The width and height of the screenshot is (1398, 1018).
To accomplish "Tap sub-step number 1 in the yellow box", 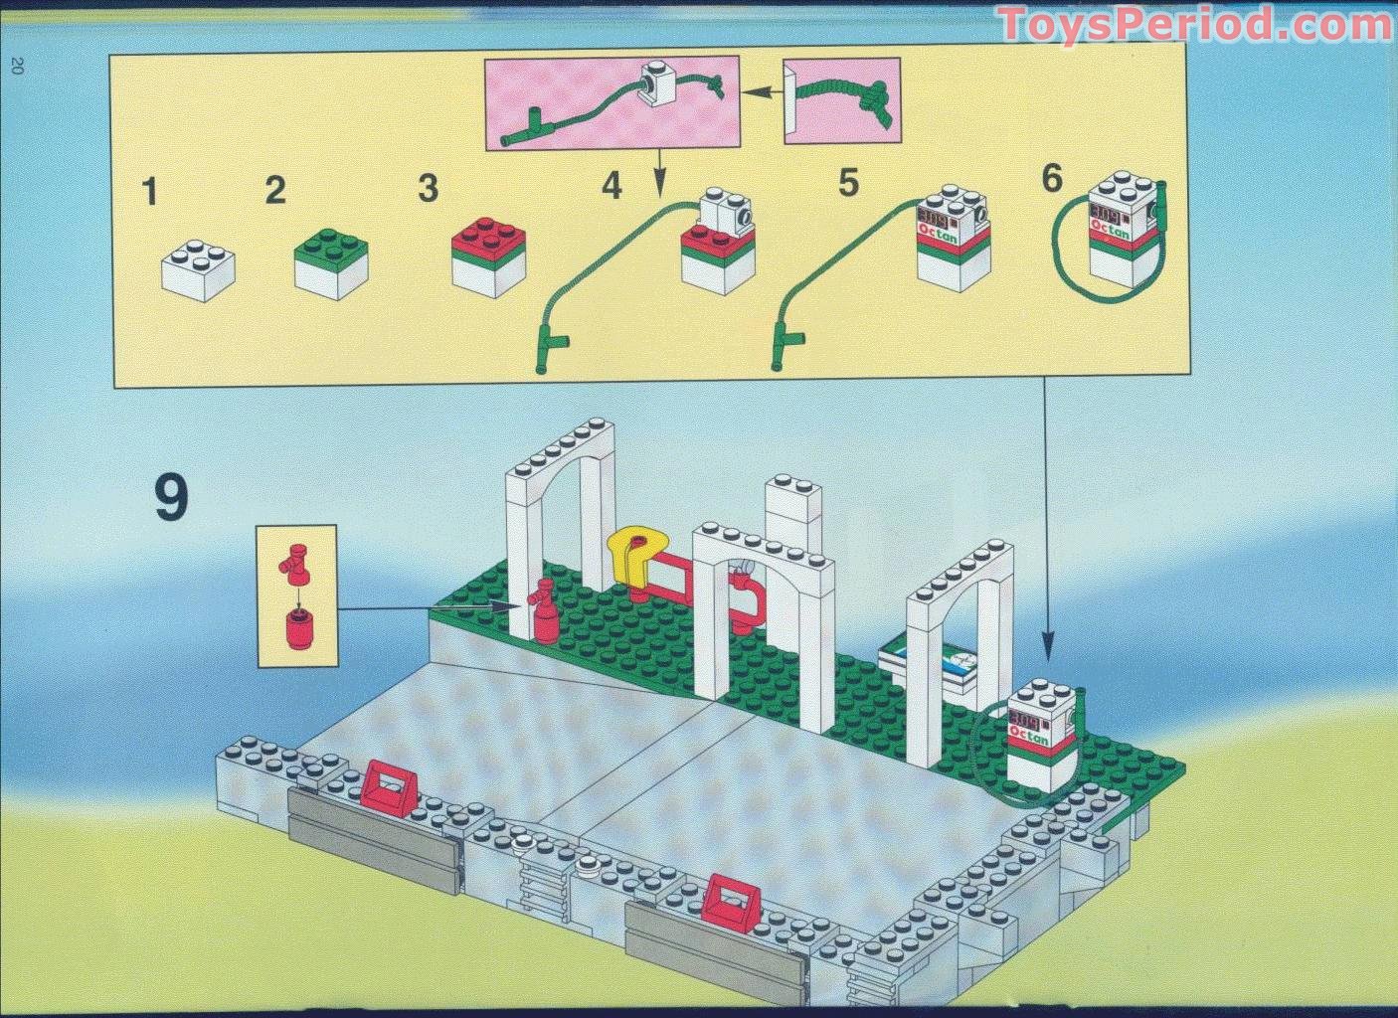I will (150, 191).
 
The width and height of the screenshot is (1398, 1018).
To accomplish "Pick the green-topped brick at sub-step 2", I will (332, 261).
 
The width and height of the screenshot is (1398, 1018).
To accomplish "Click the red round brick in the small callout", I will (295, 630).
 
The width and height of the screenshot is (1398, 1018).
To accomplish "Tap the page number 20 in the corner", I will (17, 67).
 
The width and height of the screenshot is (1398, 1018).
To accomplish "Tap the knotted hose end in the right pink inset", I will (875, 97).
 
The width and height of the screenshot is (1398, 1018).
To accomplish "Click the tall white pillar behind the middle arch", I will (792, 514).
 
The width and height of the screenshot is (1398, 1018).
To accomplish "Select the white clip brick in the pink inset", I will (657, 83).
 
